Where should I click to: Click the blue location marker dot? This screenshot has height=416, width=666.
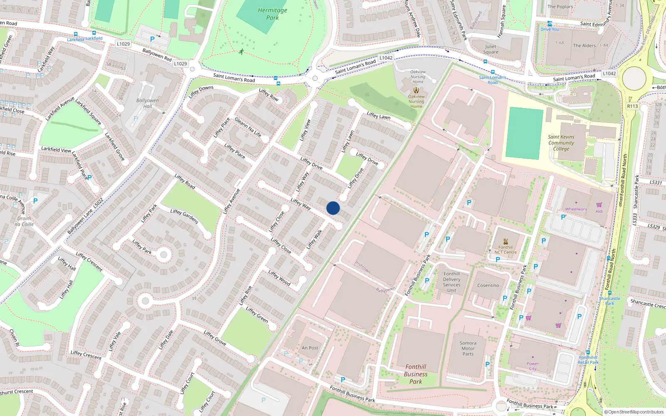pyautogui.click(x=333, y=208)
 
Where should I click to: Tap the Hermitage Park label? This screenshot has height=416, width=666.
pyautogui.click(x=273, y=14)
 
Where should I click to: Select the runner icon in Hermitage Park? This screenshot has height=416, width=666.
pyautogui.click(x=241, y=52)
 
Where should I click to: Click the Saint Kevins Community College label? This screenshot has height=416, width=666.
pyautogui.click(x=561, y=143)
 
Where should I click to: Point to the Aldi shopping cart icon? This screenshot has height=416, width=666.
pyautogui.click(x=599, y=205)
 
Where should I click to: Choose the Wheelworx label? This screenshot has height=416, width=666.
pyautogui.click(x=576, y=209)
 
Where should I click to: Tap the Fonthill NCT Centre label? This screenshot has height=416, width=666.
pyautogui.click(x=505, y=250)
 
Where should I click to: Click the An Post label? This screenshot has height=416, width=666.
pyautogui.click(x=310, y=348)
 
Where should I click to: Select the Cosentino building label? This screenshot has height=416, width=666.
pyautogui.click(x=488, y=285)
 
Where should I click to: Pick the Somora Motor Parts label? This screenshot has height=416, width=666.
pyautogui.click(x=468, y=349)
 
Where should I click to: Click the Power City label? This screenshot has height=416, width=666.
pyautogui.click(x=533, y=366)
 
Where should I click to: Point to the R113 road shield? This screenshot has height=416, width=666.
pyautogui.click(x=632, y=106)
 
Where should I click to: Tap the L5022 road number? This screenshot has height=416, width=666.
pyautogui.click(x=98, y=203)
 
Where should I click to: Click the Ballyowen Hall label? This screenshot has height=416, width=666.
pyautogui.click(x=147, y=103)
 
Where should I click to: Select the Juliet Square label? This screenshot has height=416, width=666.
pyautogui.click(x=491, y=49)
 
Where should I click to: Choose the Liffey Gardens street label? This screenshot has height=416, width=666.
pyautogui.click(x=184, y=216)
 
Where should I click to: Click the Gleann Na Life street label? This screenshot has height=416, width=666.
pyautogui.click(x=248, y=127)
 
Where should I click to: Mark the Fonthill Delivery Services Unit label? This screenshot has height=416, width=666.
pyautogui.click(x=452, y=282)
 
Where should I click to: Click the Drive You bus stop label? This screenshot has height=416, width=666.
pyautogui.click(x=550, y=29)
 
